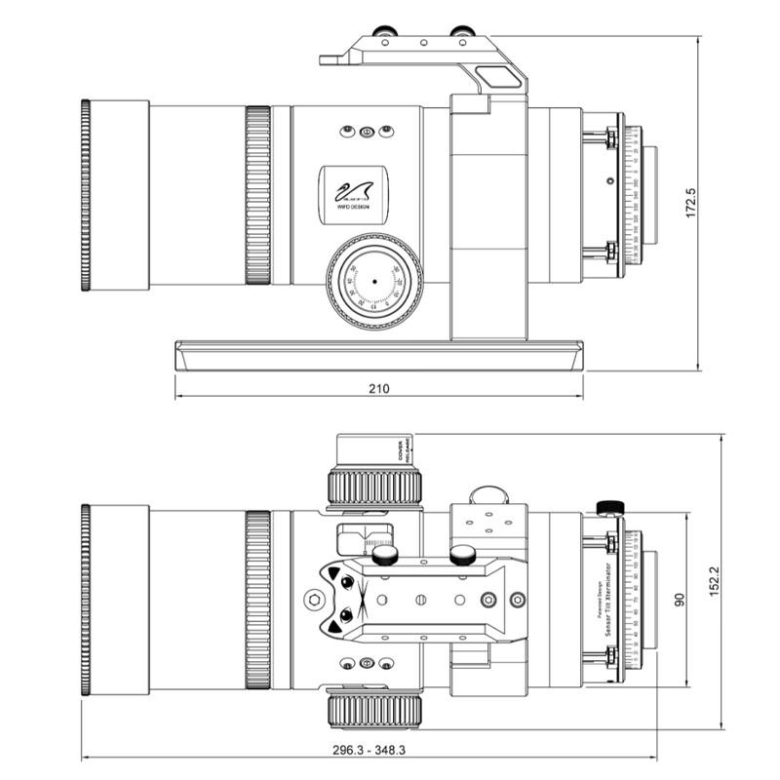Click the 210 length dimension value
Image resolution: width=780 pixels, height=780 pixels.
click(x=378, y=389)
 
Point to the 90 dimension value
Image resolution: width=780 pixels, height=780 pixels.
click(x=681, y=596)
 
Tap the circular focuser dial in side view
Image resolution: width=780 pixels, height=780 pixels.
click(x=373, y=281)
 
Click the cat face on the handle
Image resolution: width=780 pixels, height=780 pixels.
click(x=341, y=598)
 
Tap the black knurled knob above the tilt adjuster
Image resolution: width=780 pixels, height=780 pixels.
click(x=610, y=507)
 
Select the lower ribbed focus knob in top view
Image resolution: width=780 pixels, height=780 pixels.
click(x=374, y=710)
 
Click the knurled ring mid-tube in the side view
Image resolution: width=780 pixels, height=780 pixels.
click(x=257, y=195)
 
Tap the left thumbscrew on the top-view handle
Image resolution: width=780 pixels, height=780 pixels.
click(x=385, y=555)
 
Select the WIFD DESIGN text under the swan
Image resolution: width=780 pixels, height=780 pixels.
click(x=353, y=208)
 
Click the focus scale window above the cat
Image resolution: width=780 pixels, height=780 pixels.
click(x=365, y=538)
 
